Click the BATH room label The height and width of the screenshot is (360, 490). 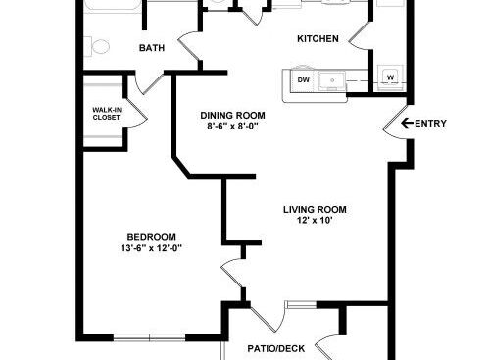pos(152,48)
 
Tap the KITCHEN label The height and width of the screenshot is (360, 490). pos(318,39)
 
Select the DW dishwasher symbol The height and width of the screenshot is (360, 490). pos(304,79)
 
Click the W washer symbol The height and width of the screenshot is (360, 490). pos(390,77)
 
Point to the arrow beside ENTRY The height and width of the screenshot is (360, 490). pos(407,123)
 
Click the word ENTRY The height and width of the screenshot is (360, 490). pos(430,124)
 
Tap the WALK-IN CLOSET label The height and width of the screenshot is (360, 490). pos(107,114)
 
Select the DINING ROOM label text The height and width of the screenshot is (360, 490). pos(232,116)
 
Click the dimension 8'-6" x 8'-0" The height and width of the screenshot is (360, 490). pos(232,127)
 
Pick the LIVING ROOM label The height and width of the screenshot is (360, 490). pos(315,209)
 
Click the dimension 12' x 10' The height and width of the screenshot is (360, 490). pos(315,220)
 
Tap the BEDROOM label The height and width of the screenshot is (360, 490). pos(151,237)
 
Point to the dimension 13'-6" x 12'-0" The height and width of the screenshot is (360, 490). pos(151,248)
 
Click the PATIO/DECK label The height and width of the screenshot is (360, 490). pos(276,349)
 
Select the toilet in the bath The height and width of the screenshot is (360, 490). pos(97,47)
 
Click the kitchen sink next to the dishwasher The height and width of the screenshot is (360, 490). pos(332,80)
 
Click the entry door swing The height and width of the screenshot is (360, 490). pos(396,122)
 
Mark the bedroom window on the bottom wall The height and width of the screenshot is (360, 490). pos(150,337)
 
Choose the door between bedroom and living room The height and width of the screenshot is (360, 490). pos(232,273)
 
